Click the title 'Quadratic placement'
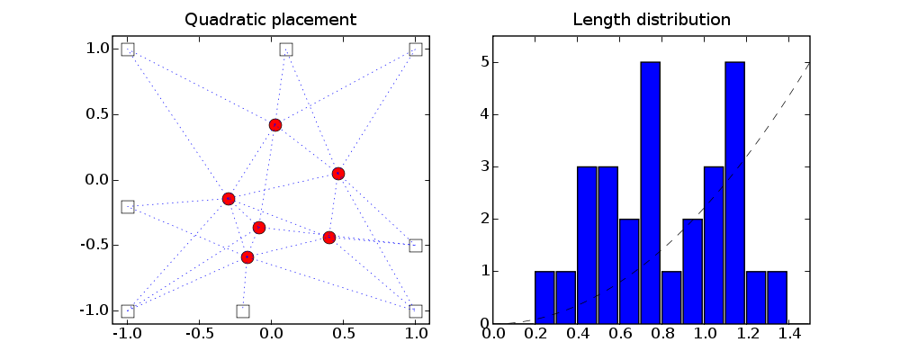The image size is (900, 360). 270,19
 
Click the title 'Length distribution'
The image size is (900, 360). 652,19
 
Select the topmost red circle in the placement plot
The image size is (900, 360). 275,124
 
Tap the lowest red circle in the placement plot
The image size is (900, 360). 247,257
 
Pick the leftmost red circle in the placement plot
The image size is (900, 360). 229,199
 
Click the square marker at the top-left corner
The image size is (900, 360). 128,49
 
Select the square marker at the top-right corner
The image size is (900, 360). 416,49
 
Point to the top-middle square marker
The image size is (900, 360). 286,49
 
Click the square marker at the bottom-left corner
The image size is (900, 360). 128,311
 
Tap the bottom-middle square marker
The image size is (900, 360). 243,311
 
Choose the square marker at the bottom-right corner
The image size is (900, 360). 416,311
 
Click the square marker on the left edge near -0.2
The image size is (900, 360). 128,207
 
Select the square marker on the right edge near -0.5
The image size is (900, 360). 416,246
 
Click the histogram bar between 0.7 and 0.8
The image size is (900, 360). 651,193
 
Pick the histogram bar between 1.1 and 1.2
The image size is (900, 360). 734,193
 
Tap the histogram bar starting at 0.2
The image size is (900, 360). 545,297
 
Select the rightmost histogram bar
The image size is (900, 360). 777,297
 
